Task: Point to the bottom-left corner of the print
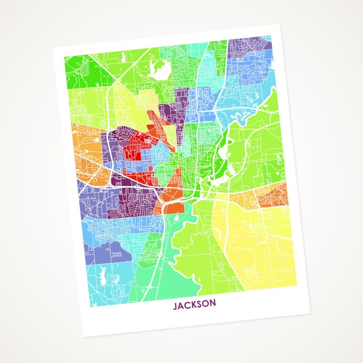click(x=84, y=337)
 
